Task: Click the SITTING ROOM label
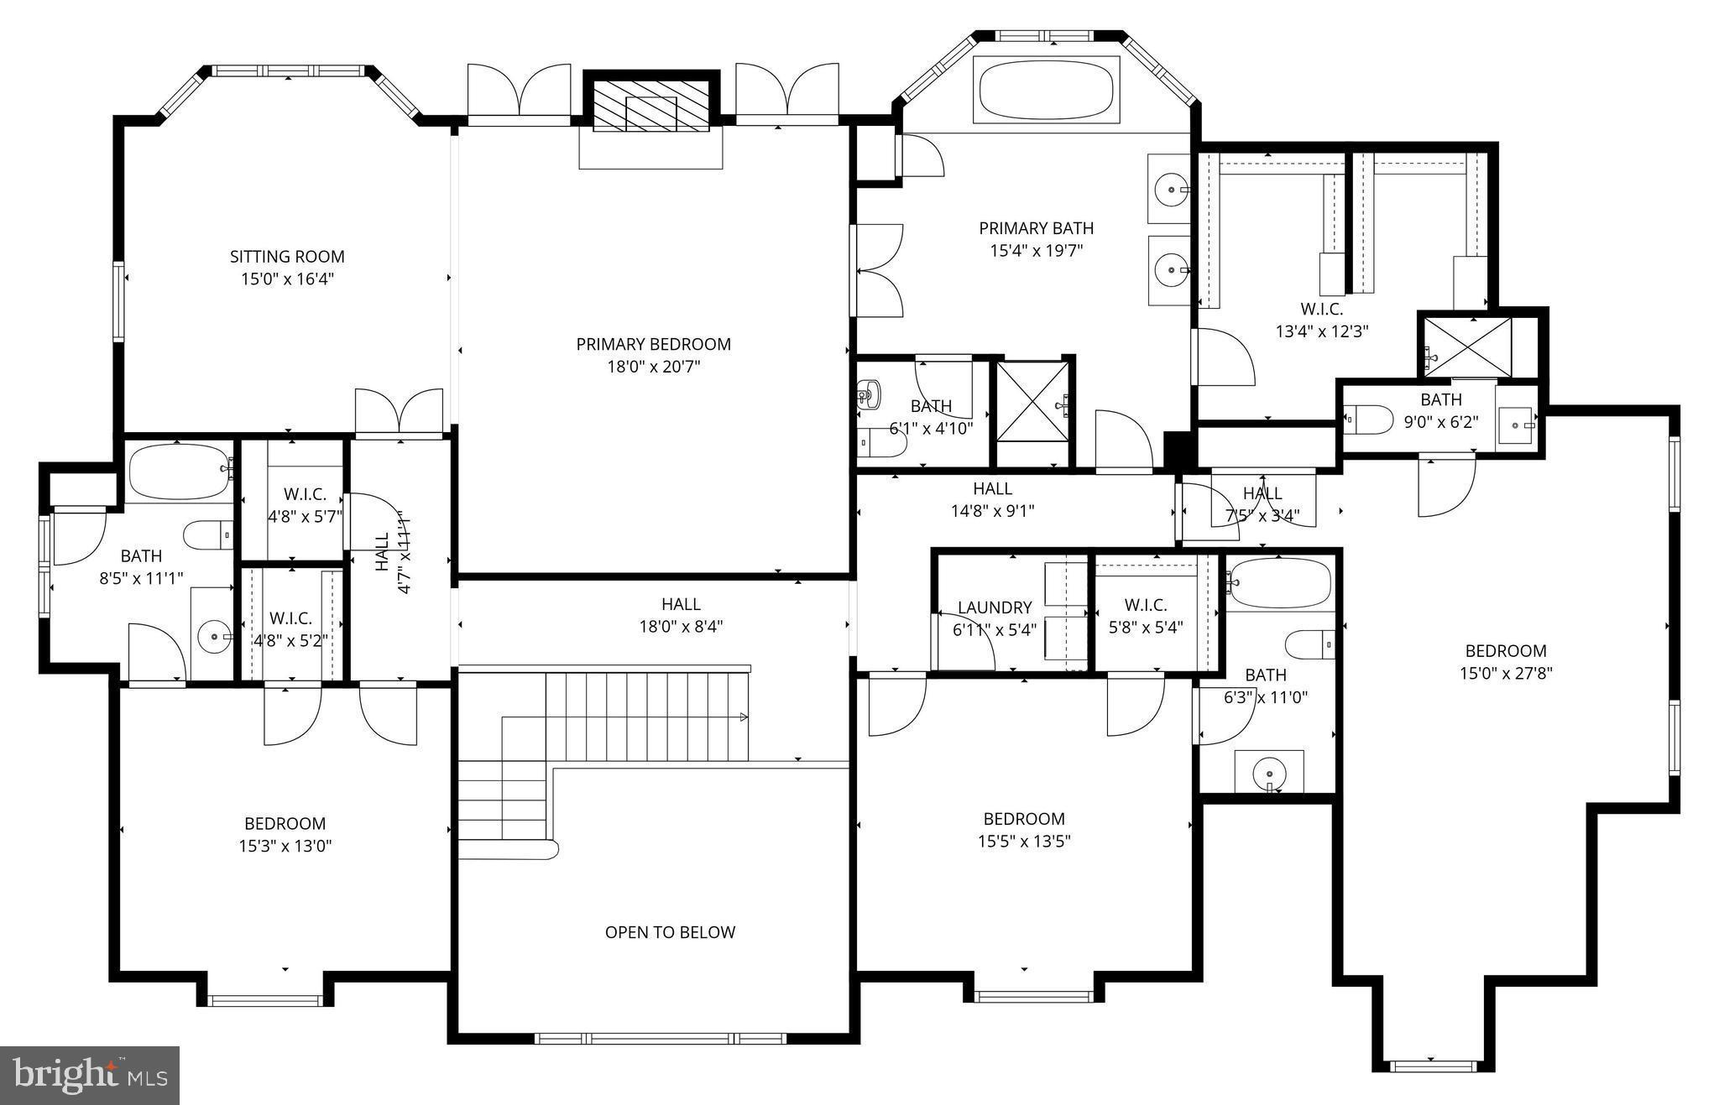[287, 257]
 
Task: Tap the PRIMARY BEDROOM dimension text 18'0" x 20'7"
[653, 367]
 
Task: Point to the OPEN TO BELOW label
[670, 932]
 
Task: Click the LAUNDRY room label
[995, 607]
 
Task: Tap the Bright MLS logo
[90, 1075]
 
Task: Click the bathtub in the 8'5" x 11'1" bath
[179, 472]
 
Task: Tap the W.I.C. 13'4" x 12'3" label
[1322, 309]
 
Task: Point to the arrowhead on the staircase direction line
[744, 717]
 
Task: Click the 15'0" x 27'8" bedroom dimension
[1506, 673]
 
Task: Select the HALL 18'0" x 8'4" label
[681, 604]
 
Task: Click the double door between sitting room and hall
[399, 414]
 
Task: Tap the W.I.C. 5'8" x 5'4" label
[1145, 605]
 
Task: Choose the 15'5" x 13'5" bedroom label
[1024, 819]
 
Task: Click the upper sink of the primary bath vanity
[1170, 190]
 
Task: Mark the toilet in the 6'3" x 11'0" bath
[1309, 644]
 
